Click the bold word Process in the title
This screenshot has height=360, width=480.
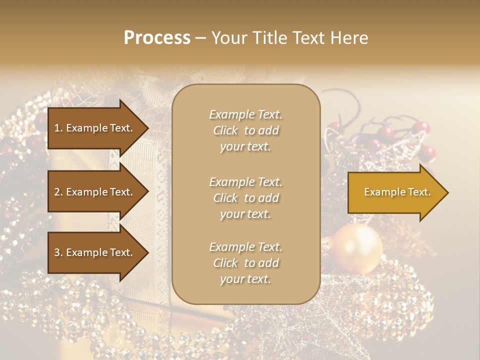click(157, 38)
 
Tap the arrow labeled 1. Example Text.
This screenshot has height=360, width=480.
click(95, 128)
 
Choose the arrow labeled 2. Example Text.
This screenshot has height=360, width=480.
click(95, 192)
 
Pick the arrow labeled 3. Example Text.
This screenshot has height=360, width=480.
click(95, 252)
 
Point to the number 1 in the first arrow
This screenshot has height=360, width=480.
click(57, 128)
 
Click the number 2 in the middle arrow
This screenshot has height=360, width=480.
click(57, 192)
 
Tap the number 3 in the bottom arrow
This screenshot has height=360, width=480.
click(57, 252)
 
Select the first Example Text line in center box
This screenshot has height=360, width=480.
click(245, 114)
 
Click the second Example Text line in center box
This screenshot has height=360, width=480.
click(245, 182)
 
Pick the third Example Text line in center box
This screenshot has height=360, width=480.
click(245, 247)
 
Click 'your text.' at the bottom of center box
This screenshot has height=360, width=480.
click(245, 279)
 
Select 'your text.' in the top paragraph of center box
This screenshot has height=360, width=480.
click(245, 147)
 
